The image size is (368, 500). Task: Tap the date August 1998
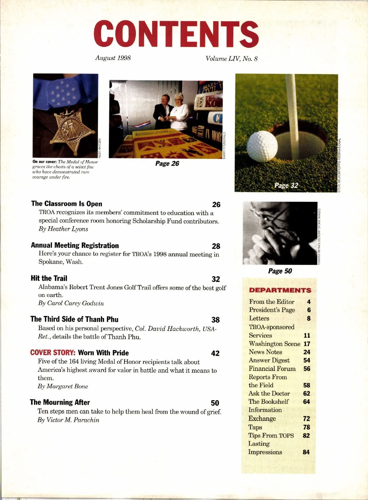point(113,58)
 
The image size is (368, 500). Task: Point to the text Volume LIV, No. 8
point(232,58)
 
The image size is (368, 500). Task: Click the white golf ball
point(262,146)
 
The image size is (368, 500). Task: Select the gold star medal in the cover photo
point(71,129)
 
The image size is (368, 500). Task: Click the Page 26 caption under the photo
point(167,163)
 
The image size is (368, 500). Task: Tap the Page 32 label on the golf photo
point(286,185)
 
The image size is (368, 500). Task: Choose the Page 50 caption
point(280,271)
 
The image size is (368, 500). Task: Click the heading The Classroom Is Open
point(67,204)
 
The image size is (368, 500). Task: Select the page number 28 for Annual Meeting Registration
point(216,246)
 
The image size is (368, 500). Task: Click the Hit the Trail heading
point(49,278)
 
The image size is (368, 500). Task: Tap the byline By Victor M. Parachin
point(68,420)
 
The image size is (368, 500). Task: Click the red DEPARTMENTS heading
point(280,290)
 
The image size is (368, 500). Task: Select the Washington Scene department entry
point(274,344)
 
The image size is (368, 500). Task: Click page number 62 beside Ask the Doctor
point(306,393)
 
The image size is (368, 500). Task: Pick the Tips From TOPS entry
point(271,436)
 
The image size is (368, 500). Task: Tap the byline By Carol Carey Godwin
point(71,303)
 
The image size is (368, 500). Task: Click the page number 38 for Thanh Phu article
point(216,320)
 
